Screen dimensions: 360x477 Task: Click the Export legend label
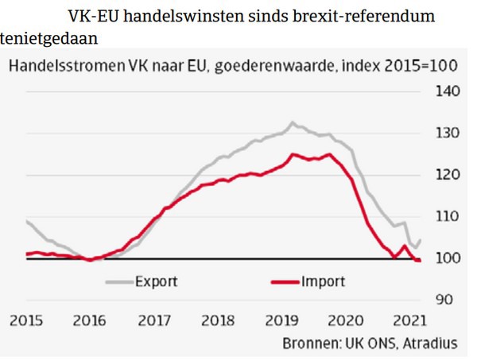156,281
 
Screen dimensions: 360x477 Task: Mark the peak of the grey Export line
292,122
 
